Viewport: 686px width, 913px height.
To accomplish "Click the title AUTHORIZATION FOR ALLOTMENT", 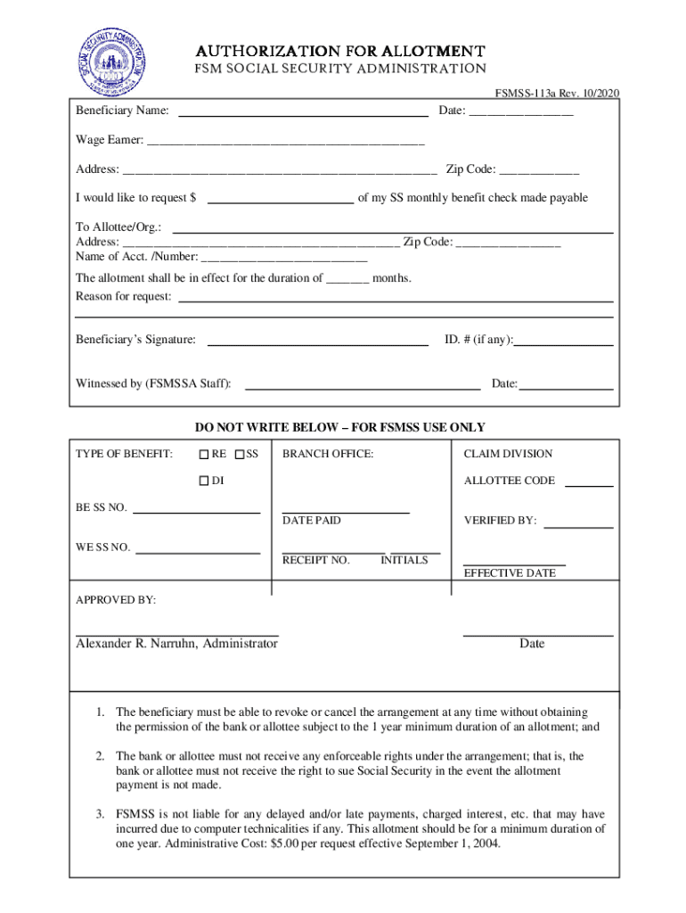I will pyautogui.click(x=341, y=51).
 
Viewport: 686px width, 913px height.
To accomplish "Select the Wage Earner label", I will pyautogui.click(x=109, y=140).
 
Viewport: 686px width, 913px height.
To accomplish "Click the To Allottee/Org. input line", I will pyautogui.click(x=392, y=230).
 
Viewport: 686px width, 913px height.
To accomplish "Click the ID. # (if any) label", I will pyautogui.click(x=479, y=340).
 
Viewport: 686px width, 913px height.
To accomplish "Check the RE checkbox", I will pyautogui.click(x=204, y=455).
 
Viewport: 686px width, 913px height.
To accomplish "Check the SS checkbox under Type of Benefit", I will pyautogui.click(x=240, y=455).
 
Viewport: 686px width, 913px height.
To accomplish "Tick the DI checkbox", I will pyautogui.click(x=204, y=481).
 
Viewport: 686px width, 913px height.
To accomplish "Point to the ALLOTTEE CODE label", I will pyautogui.click(x=510, y=481).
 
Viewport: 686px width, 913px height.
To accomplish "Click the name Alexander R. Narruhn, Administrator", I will pyautogui.click(x=176, y=644).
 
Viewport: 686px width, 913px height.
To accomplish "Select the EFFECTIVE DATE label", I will pyautogui.click(x=510, y=573).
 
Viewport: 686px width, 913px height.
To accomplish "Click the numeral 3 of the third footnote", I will pyautogui.click(x=102, y=815).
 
